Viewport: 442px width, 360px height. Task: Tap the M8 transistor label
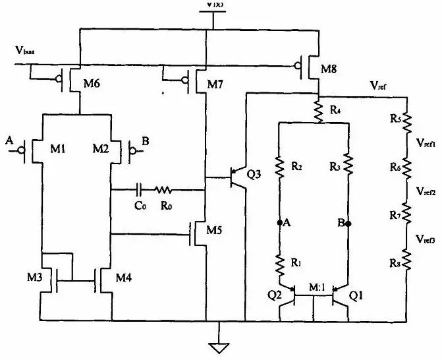pyautogui.click(x=330, y=69)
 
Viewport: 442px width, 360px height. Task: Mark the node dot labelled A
pyautogui.click(x=280, y=223)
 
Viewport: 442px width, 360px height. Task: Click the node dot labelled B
pyautogui.click(x=348, y=223)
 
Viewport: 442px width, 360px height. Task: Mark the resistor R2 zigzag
pyautogui.click(x=279, y=167)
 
